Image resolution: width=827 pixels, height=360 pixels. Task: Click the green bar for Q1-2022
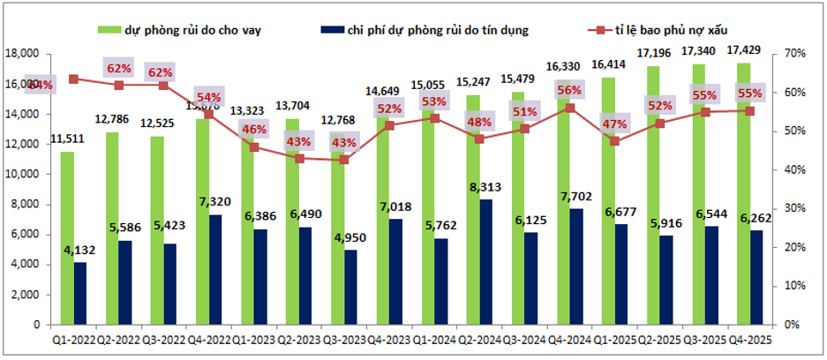click(67, 238)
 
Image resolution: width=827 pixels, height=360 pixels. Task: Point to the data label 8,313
click(485, 187)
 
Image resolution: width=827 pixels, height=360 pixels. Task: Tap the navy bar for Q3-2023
click(351, 287)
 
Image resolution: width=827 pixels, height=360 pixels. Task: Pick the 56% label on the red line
click(569, 90)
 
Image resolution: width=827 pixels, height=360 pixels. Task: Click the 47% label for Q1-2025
click(614, 123)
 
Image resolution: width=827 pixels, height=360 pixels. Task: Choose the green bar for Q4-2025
click(744, 194)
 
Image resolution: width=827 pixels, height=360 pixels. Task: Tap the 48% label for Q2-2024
click(479, 123)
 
